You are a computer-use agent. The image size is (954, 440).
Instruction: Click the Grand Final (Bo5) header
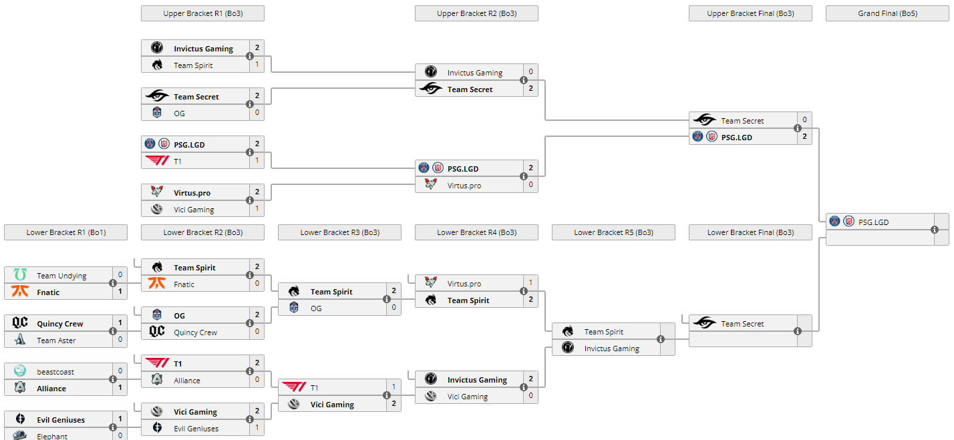point(887,13)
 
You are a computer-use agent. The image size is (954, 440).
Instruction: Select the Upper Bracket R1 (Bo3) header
point(202,13)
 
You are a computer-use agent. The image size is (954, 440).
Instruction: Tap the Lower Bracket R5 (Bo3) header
point(613,232)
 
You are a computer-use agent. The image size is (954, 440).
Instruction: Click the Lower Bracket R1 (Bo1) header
point(65,232)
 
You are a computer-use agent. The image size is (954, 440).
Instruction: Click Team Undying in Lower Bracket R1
point(61,276)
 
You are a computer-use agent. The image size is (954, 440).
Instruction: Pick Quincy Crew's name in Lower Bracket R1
point(60,324)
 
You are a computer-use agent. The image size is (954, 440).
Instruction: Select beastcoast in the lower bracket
point(55,372)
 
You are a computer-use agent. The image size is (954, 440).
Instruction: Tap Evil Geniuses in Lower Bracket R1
point(61,420)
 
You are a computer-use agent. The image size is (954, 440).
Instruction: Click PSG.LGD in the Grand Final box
point(873,222)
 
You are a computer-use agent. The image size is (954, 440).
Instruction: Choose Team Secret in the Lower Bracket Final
point(742,324)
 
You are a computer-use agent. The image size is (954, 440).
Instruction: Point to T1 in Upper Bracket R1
point(178,162)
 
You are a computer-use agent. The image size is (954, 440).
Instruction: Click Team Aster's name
point(56,341)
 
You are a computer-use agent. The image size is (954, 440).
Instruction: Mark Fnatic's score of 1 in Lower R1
point(120,292)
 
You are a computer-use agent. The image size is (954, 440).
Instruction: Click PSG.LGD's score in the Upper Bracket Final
point(804,137)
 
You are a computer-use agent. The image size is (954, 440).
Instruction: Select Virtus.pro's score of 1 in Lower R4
point(530,282)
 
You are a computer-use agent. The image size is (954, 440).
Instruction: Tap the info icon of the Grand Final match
point(935,230)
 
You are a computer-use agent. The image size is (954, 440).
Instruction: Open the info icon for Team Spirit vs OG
point(387,299)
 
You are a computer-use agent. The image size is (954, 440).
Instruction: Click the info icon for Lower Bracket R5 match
point(661,339)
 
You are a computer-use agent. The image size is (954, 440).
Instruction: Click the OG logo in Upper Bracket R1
point(157,113)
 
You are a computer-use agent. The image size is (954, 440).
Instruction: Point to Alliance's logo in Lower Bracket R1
point(20,388)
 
